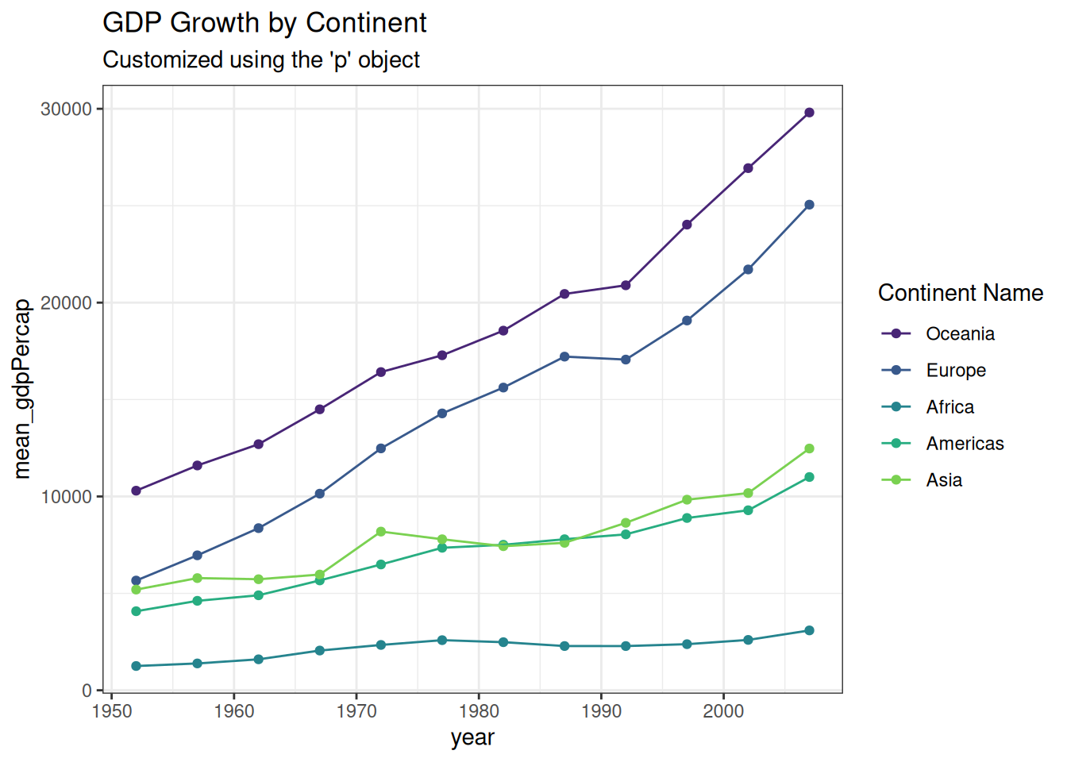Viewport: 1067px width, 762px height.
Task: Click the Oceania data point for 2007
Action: tap(809, 113)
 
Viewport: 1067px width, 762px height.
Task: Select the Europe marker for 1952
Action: tap(136, 581)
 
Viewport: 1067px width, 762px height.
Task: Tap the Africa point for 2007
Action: tap(809, 630)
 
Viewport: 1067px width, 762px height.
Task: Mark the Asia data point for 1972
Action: tap(381, 532)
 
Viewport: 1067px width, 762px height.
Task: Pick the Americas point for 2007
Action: tap(809, 477)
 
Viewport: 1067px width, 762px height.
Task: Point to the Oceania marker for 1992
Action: tap(626, 285)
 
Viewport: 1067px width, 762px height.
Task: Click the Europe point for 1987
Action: tap(564, 356)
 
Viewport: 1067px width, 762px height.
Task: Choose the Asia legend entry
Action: tap(944, 480)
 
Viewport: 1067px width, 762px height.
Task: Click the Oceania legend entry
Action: tap(960, 334)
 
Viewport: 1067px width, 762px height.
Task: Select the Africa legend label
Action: tap(950, 407)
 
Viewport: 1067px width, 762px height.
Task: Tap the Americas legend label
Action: tap(965, 444)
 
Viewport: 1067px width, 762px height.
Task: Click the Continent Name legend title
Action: tap(960, 293)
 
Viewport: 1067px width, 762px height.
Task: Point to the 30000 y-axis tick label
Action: tap(67, 110)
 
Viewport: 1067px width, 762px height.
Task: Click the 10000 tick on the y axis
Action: tap(67, 497)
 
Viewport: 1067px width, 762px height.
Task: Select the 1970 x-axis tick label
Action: tap(356, 711)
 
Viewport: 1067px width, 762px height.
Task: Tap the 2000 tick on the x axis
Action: tap(723, 711)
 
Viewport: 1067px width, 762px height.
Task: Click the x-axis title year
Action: tap(472, 737)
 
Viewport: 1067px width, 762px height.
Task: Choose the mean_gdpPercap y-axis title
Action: tap(22, 389)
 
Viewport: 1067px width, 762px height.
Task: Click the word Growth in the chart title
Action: tap(214, 23)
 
